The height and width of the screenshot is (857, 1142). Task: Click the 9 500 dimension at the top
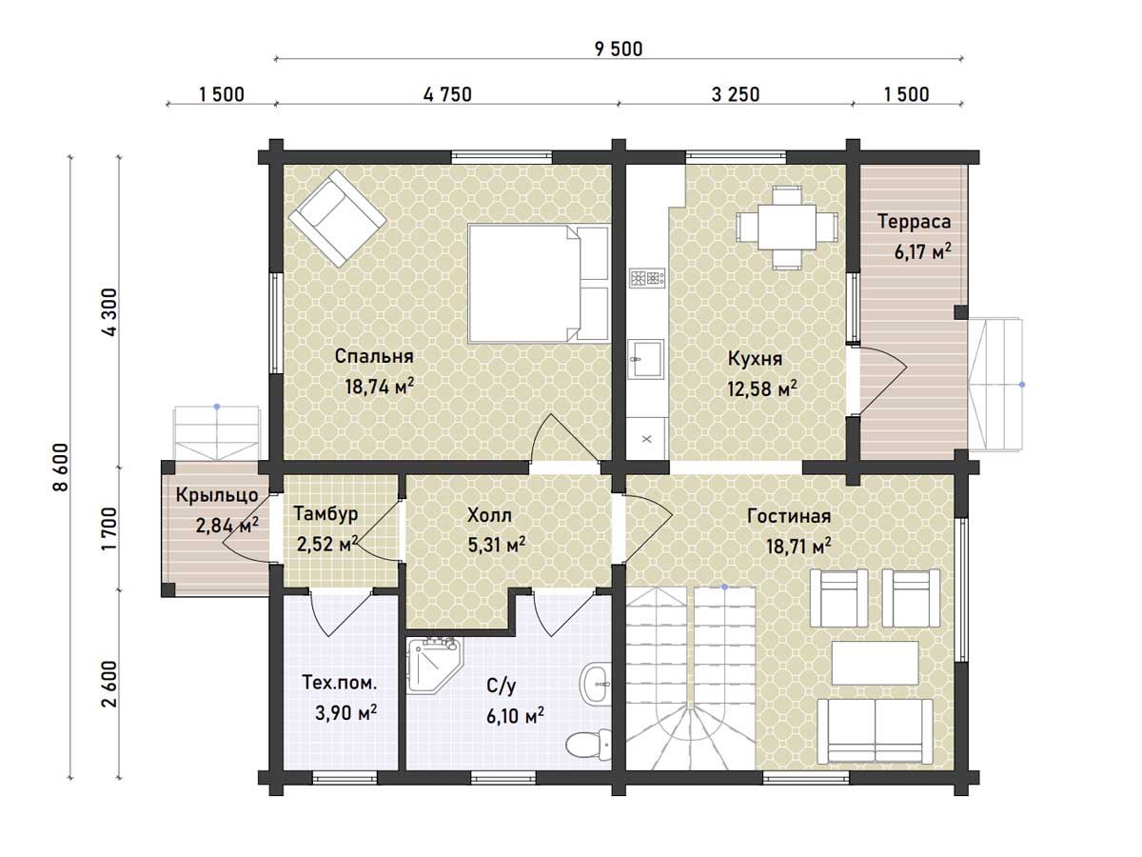click(618, 50)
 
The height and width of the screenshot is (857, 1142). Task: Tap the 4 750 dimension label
click(447, 94)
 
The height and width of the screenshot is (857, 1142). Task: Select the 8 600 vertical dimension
click(61, 467)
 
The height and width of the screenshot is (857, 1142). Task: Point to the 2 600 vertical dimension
click(110, 685)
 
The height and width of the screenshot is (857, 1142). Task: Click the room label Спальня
click(374, 356)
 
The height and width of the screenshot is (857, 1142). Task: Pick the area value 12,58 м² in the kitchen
click(761, 389)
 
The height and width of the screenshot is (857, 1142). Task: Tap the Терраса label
click(915, 221)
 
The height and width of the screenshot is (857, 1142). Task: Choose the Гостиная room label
click(789, 516)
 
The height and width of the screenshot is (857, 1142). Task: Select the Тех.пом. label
click(339, 682)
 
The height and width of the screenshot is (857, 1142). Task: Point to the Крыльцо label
click(216, 495)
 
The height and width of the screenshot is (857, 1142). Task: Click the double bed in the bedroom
click(539, 284)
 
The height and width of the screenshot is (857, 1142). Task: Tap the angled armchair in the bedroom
click(338, 218)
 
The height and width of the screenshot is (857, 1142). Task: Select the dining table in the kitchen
click(786, 228)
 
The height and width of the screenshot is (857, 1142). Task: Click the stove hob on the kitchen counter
click(647, 278)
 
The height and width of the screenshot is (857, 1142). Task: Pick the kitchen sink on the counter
click(645, 358)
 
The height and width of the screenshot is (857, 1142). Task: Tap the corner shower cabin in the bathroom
click(433, 665)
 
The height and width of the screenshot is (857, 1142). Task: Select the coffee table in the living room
click(875, 663)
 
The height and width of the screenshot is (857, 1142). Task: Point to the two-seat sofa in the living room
click(875, 731)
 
